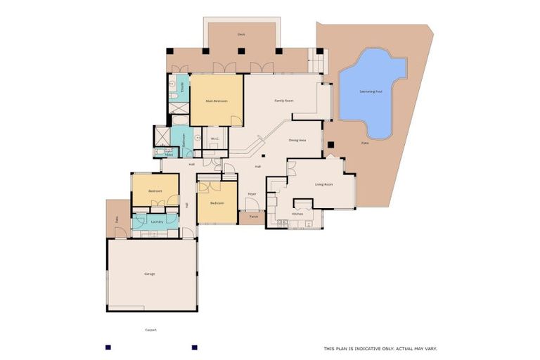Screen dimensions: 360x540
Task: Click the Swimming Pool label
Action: (x=371, y=91)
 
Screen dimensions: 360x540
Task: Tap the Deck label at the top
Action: (x=241, y=34)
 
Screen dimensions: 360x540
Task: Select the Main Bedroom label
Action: (x=217, y=101)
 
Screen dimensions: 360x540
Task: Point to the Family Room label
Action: (x=283, y=101)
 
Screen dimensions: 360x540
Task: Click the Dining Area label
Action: (x=297, y=140)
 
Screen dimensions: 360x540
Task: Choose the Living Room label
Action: (x=323, y=184)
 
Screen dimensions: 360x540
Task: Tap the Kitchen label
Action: (x=297, y=213)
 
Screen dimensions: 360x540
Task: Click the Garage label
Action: (x=150, y=274)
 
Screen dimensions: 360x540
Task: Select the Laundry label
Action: (x=157, y=221)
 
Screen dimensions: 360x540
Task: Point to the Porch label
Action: (x=253, y=217)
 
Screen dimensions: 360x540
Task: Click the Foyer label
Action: (x=252, y=193)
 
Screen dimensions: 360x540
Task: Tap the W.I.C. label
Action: (x=215, y=139)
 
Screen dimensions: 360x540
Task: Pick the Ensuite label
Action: (x=182, y=88)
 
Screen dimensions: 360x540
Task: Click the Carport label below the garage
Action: (x=150, y=329)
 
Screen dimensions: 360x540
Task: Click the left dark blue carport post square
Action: (x=108, y=347)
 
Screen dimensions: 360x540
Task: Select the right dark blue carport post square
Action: (x=194, y=347)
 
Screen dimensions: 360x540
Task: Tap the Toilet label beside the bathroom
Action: (x=169, y=154)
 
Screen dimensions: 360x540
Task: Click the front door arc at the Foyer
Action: (x=251, y=204)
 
